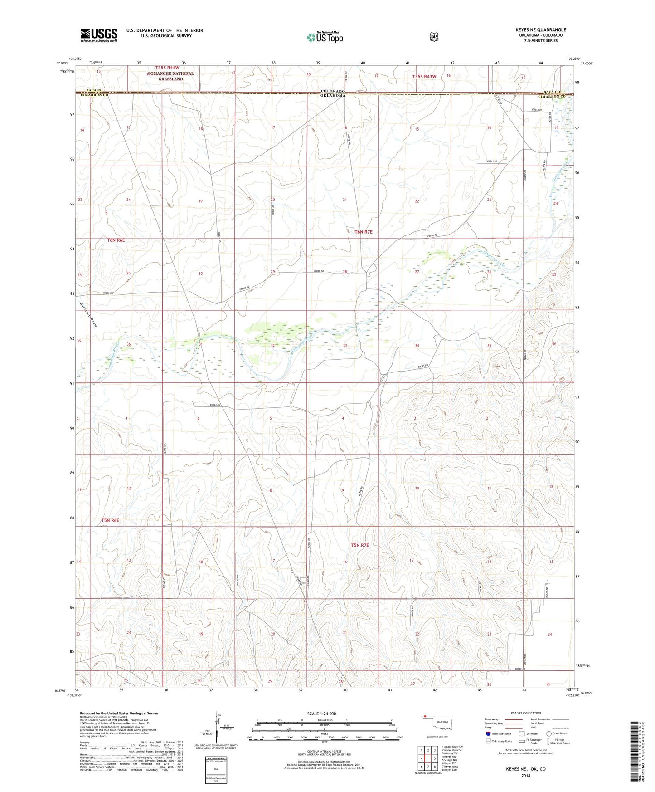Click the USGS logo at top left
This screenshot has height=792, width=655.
click(x=99, y=35)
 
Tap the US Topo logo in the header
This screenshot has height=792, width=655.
click(x=325, y=38)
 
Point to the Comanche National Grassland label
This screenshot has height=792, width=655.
click(x=170, y=76)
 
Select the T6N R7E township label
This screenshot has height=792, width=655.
click(x=363, y=232)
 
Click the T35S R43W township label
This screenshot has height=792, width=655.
click(x=424, y=77)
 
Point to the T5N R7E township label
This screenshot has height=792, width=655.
click(x=360, y=545)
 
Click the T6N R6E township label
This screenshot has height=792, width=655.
click(x=116, y=240)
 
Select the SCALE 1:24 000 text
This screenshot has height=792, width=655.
click(x=321, y=714)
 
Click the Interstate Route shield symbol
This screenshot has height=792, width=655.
click(x=488, y=733)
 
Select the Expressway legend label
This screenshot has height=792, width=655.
click(x=491, y=719)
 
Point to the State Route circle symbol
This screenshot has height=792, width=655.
click(x=549, y=733)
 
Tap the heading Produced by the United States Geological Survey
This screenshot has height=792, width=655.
click(x=119, y=714)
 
